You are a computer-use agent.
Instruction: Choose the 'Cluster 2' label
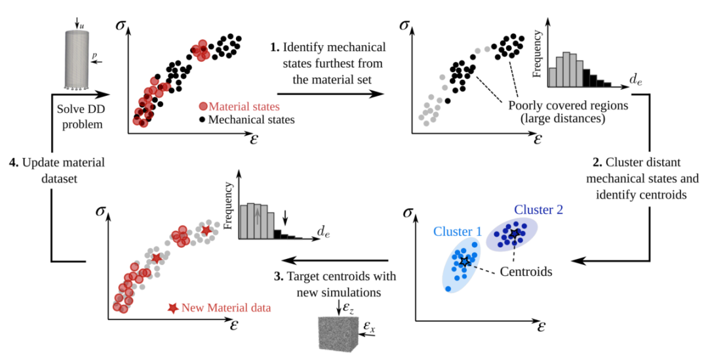click(x=538, y=209)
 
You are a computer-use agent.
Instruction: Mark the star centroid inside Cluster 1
click(x=464, y=262)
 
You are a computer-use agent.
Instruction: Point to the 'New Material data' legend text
click(x=226, y=308)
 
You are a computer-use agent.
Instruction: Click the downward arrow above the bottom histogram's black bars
click(x=285, y=216)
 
